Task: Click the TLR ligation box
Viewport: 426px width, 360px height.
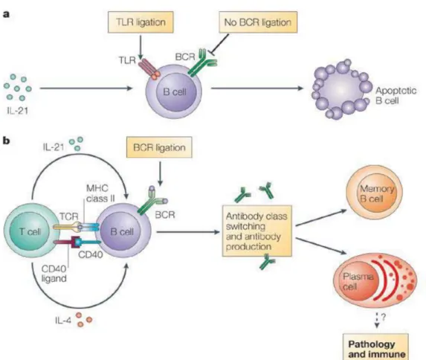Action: tap(141, 22)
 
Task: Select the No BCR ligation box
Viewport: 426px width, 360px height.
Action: tap(258, 22)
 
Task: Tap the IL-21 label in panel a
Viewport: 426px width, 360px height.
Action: tap(18, 111)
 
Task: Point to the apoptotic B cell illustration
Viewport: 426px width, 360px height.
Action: tap(342, 89)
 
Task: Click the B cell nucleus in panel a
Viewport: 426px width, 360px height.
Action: tap(176, 92)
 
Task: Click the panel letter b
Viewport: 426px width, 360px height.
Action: tap(7, 141)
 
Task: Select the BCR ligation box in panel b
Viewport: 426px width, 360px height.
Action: tap(159, 147)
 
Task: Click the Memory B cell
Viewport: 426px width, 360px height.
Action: tap(374, 193)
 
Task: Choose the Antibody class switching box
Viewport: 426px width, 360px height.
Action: tap(256, 231)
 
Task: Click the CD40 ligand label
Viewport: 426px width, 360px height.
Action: tap(54, 274)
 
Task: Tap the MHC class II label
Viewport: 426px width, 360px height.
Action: tap(100, 193)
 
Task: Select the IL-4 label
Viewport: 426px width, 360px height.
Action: tap(62, 321)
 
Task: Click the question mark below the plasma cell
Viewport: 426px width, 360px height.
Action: tap(384, 317)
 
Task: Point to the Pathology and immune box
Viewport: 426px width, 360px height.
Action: tap(375, 347)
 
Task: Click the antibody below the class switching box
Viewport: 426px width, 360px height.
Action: tap(267, 262)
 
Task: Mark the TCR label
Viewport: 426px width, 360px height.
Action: tap(69, 216)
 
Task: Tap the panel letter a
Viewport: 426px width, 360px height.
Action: tap(6, 14)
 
